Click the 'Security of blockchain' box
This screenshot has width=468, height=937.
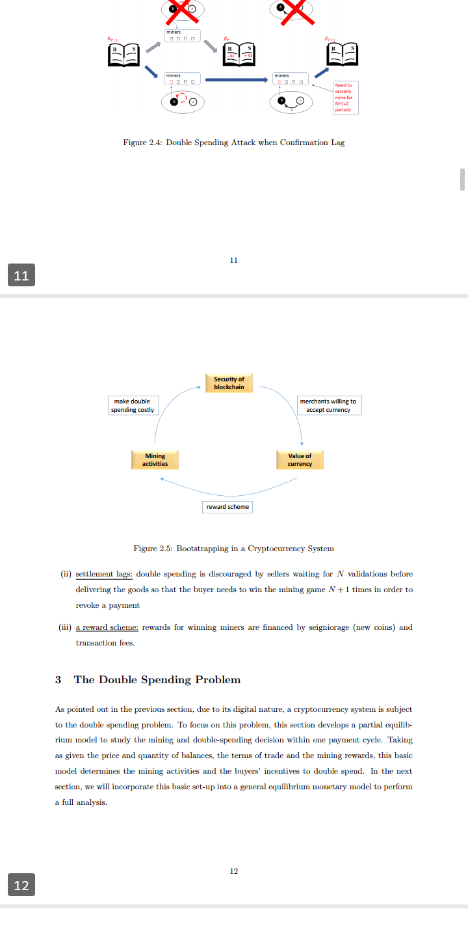pos(229,383)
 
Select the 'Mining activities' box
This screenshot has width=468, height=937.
pos(155,459)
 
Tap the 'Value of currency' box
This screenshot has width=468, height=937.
pos(300,459)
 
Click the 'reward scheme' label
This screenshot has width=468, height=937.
pos(227,506)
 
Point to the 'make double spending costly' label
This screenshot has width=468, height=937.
pos(133,405)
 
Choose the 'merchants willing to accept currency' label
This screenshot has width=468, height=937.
pos(328,405)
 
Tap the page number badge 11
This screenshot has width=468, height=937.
pos(21,275)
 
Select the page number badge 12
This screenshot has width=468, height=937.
pos(21,885)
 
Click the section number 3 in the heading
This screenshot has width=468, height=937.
pos(58,679)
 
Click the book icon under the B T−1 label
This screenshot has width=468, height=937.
pos(123,55)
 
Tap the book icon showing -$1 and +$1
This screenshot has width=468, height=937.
pos(238,55)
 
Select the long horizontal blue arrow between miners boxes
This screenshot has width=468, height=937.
pos(236,80)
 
